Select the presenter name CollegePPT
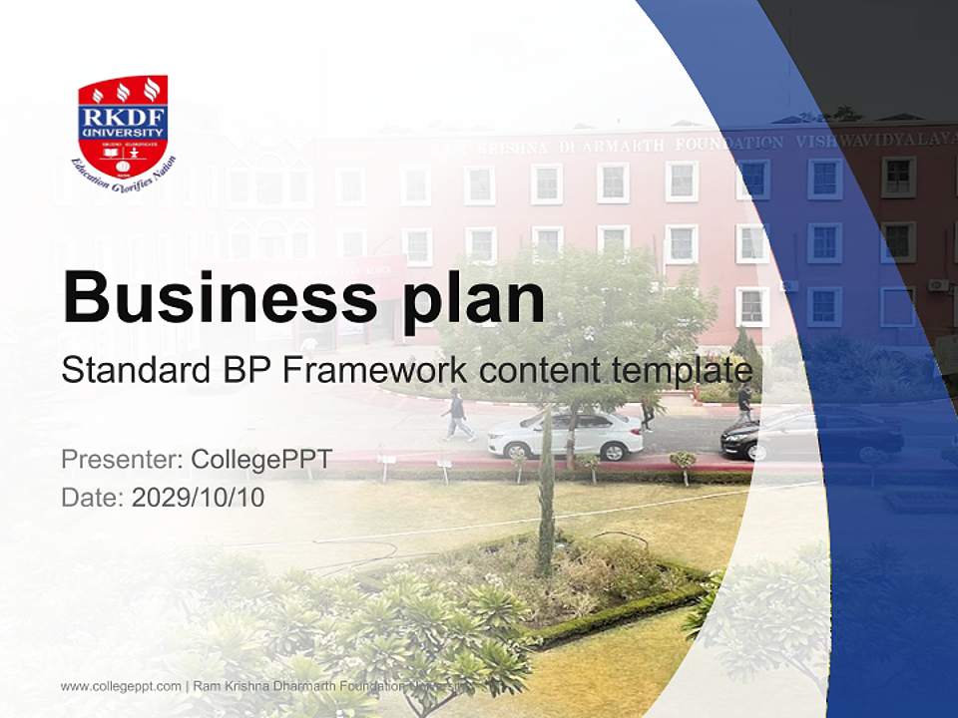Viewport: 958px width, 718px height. [260, 460]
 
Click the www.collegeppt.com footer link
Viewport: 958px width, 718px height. [121, 686]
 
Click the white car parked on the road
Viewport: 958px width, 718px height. [565, 434]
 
